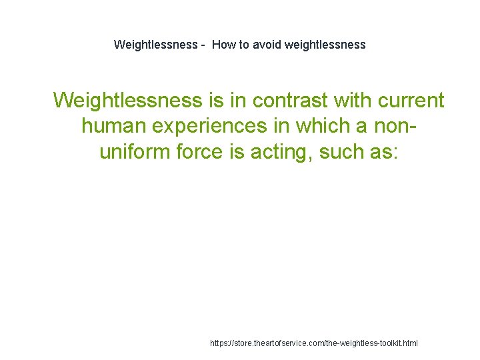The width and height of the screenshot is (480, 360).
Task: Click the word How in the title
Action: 223,45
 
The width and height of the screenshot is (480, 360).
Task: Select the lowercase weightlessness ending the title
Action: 325,45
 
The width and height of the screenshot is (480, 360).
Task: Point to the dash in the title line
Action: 202,45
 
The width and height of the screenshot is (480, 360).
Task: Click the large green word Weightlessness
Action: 127,100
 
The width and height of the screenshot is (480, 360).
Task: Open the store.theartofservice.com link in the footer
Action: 313,343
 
